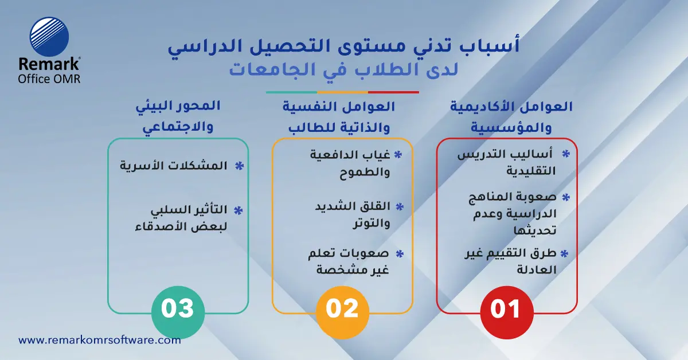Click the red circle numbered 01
(x=506, y=310)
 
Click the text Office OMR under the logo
(x=49, y=79)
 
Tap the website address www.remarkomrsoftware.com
(x=100, y=340)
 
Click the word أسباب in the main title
(x=491, y=46)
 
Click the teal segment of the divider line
(x=291, y=92)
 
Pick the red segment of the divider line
(x=393, y=92)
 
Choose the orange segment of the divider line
(x=342, y=92)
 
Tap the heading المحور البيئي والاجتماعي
(x=178, y=116)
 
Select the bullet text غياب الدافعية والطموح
(x=350, y=164)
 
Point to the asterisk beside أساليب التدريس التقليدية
(x=566, y=154)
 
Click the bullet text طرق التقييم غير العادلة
(x=510, y=261)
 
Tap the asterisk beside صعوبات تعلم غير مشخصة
(x=400, y=253)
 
